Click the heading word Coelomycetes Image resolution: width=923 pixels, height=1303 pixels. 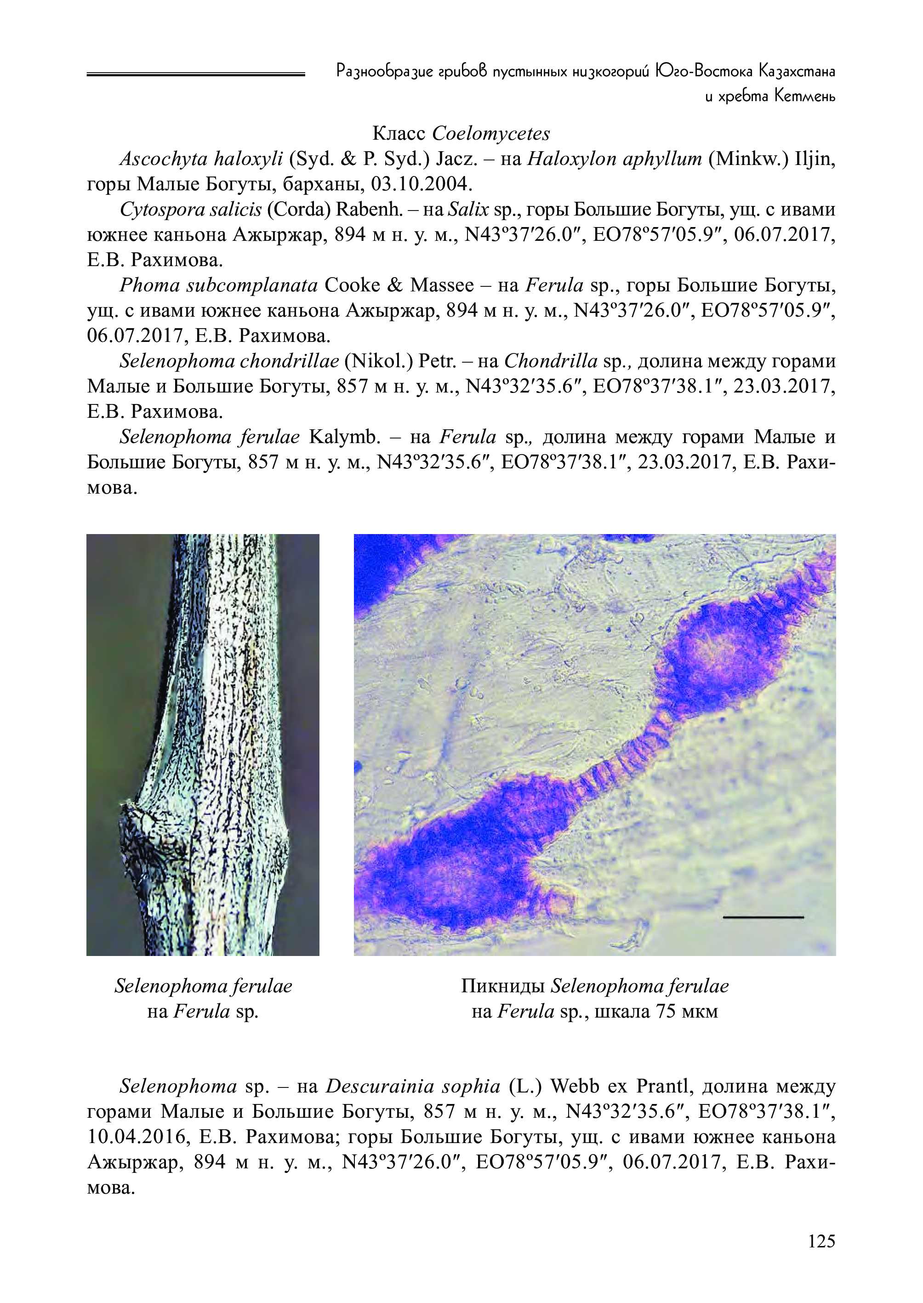click(x=491, y=134)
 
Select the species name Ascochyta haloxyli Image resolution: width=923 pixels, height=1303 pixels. click(x=201, y=159)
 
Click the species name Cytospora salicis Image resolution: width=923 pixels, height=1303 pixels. click(x=190, y=210)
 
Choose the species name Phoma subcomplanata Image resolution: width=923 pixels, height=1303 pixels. click(x=218, y=285)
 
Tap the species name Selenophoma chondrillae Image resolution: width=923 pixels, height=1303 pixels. click(x=229, y=361)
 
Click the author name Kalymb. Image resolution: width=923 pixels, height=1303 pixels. click(x=344, y=437)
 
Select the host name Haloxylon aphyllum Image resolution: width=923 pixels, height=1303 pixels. click(x=615, y=159)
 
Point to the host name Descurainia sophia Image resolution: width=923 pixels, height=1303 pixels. click(x=413, y=1086)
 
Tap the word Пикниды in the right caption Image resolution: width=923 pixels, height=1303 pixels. click(x=503, y=986)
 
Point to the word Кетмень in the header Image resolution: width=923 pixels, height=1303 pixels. click(x=805, y=97)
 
